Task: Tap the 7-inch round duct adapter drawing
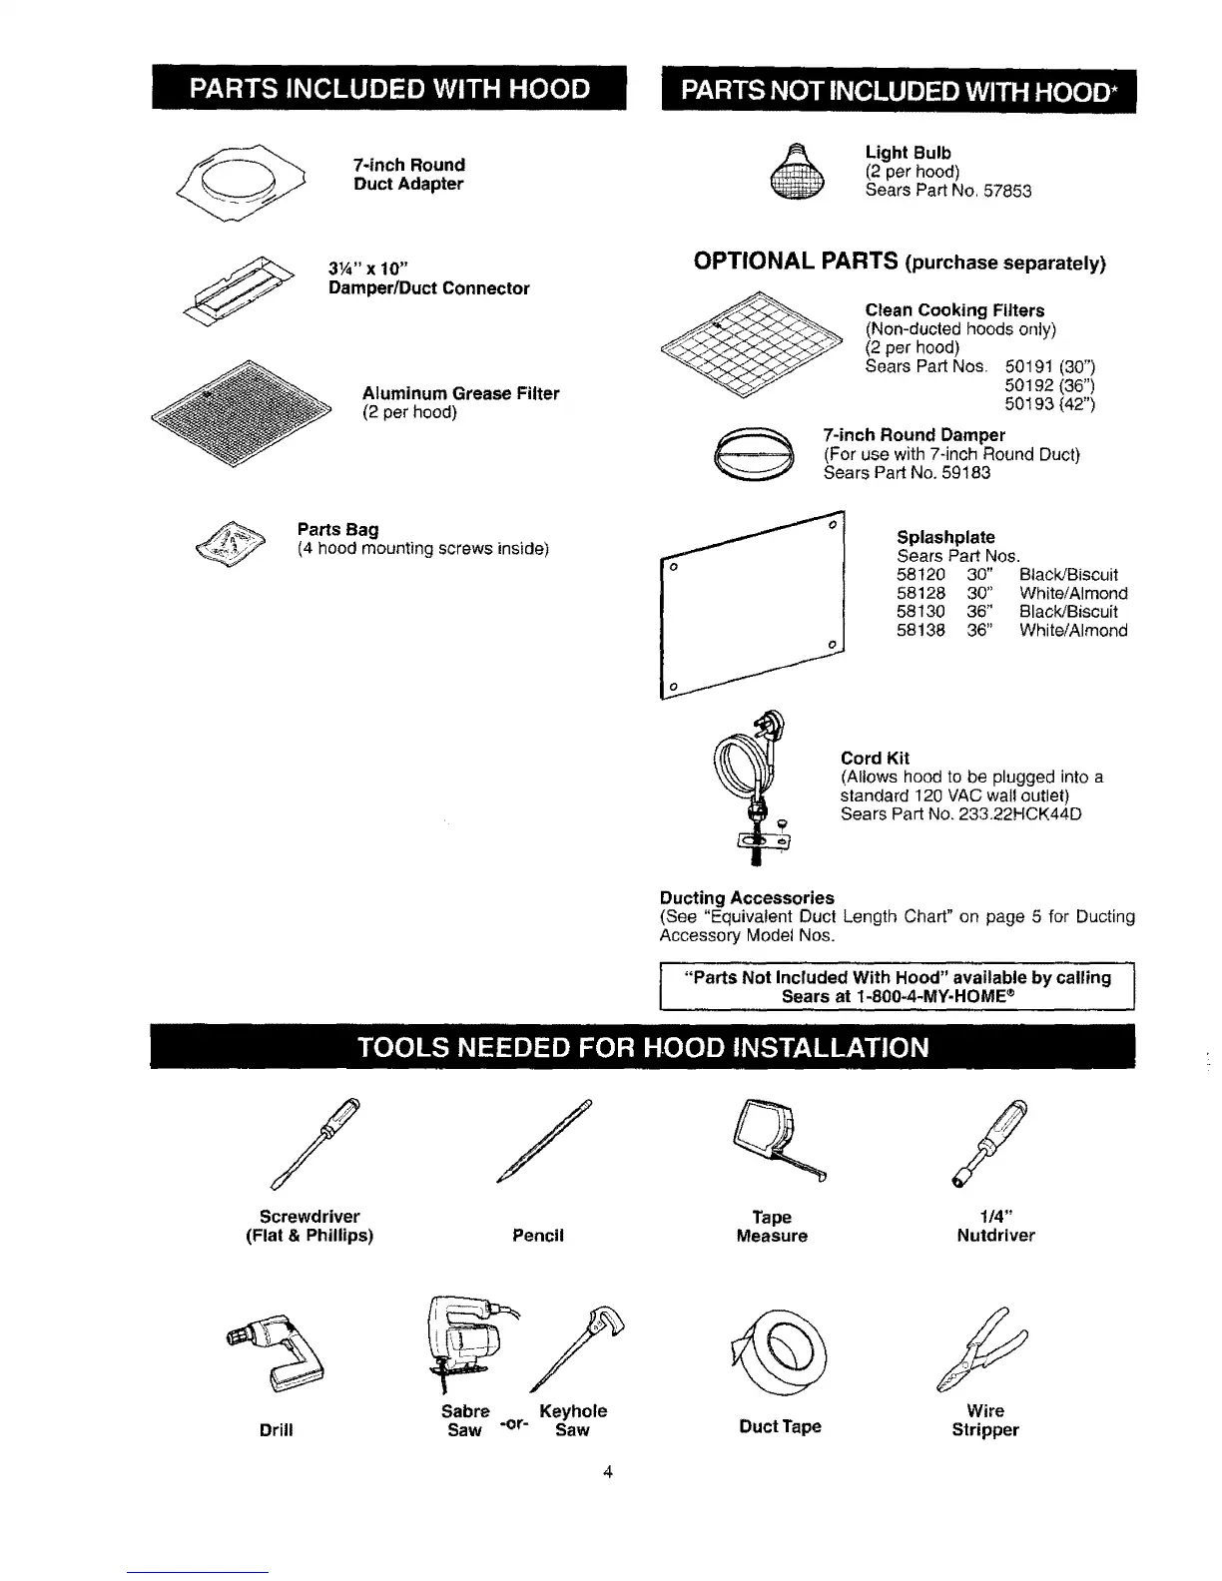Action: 234,181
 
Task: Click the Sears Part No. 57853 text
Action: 947,191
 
